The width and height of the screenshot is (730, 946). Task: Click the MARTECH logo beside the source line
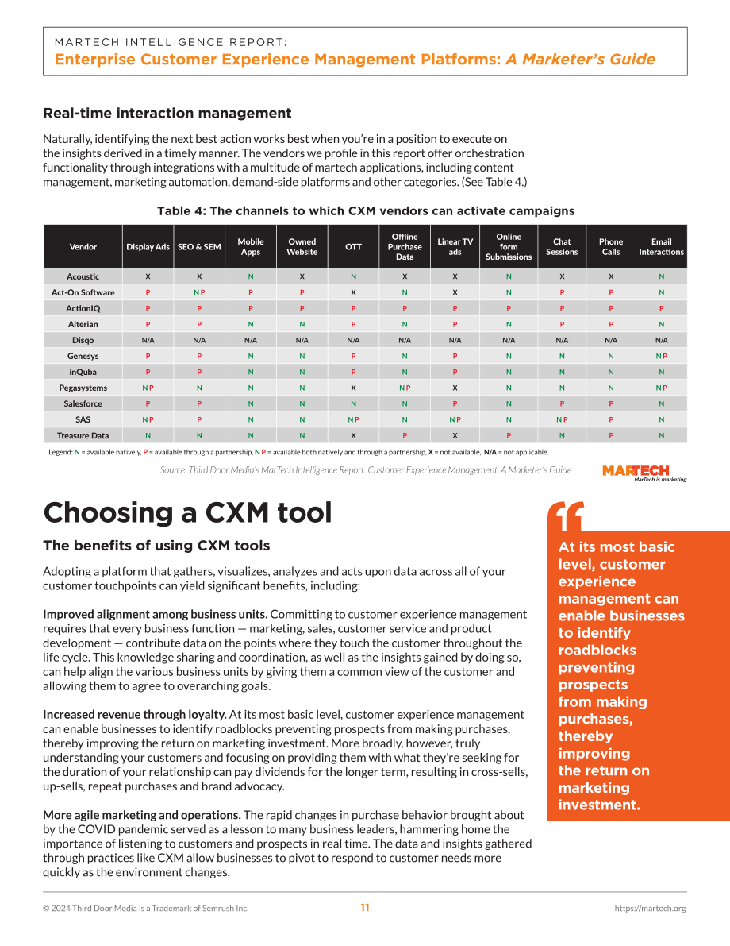pyautogui.click(x=644, y=473)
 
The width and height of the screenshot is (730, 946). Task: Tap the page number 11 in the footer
pyautogui.click(x=365, y=907)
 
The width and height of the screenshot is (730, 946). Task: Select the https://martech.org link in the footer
pyautogui.click(x=650, y=908)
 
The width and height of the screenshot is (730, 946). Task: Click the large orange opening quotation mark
pyautogui.click(x=566, y=515)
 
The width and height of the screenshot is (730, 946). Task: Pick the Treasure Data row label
pyautogui.click(x=83, y=435)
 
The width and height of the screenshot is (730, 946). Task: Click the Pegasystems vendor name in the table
pyautogui.click(x=83, y=388)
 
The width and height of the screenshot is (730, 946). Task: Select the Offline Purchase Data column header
pyautogui.click(x=405, y=247)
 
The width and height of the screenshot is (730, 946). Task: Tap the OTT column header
pyautogui.click(x=353, y=247)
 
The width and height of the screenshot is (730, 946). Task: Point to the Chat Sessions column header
pyautogui.click(x=562, y=247)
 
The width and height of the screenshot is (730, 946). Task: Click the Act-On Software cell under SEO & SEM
pyautogui.click(x=199, y=292)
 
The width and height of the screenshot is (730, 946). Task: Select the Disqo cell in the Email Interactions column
pyautogui.click(x=661, y=340)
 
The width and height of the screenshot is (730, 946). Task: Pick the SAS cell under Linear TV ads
pyautogui.click(x=455, y=420)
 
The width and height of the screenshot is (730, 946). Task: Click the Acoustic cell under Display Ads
pyautogui.click(x=148, y=277)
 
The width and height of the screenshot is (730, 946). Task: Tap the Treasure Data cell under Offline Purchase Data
pyautogui.click(x=405, y=435)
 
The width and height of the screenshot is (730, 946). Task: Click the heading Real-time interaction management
pyautogui.click(x=167, y=114)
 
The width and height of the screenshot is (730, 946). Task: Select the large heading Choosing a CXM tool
pyautogui.click(x=187, y=513)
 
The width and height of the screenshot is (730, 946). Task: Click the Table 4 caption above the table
pyautogui.click(x=365, y=211)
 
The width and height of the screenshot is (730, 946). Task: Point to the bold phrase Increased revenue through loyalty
pyautogui.click(x=134, y=715)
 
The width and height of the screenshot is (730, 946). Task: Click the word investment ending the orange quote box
pyautogui.click(x=598, y=805)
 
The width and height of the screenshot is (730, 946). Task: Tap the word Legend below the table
pyautogui.click(x=60, y=452)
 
